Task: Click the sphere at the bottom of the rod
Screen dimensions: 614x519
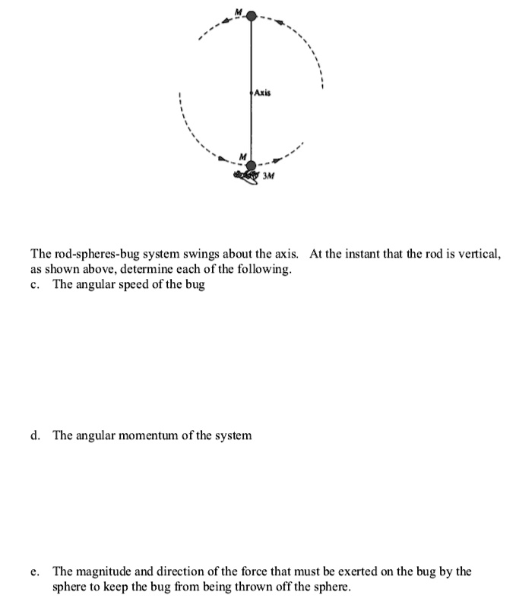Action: pos(252,165)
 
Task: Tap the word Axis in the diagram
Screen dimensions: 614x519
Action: pos(262,93)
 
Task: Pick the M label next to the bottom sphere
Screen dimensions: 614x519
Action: pos(242,157)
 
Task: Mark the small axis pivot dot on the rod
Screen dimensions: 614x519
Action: pos(252,93)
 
